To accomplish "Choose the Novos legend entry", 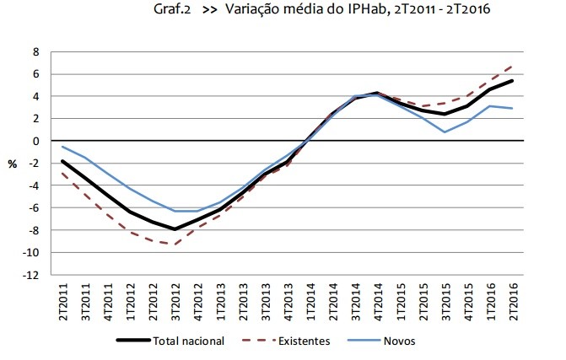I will tap(399, 341).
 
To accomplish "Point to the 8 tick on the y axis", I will tap(35, 51).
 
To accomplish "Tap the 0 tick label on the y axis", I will tap(35, 141).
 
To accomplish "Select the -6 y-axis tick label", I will tap(33, 207).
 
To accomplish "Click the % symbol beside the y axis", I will tap(13, 164).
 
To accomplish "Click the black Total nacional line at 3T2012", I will tap(174, 229).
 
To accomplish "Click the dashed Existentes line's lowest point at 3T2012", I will tap(174, 244).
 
